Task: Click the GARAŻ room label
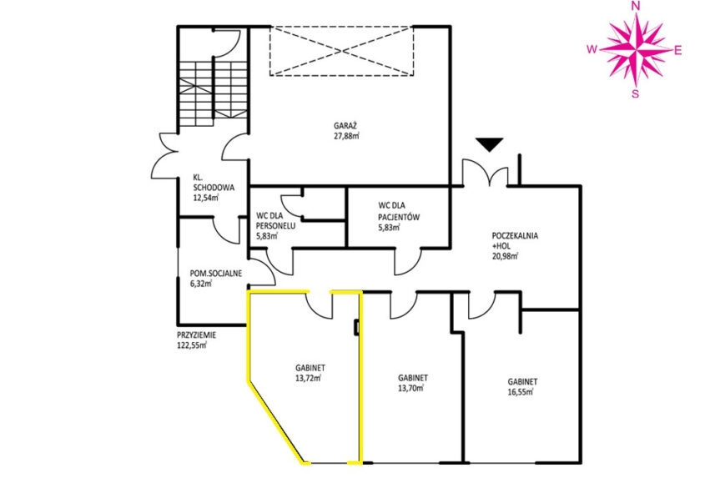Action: click(345, 126)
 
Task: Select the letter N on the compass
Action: click(637, 5)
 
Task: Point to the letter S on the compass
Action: click(635, 93)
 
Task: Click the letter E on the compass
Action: click(677, 50)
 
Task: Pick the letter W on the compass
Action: click(592, 49)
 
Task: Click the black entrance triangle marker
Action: click(490, 144)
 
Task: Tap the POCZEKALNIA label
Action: click(515, 236)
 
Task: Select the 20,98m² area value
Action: click(506, 257)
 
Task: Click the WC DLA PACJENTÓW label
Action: click(399, 212)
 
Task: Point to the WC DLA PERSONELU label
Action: click(275, 220)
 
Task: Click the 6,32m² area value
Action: click(201, 284)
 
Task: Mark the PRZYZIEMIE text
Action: click(197, 335)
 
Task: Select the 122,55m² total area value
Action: click(192, 345)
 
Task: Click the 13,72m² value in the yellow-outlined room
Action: click(308, 378)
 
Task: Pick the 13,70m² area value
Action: click(410, 388)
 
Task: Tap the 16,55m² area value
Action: click(521, 392)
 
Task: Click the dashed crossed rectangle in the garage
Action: click(342, 51)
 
